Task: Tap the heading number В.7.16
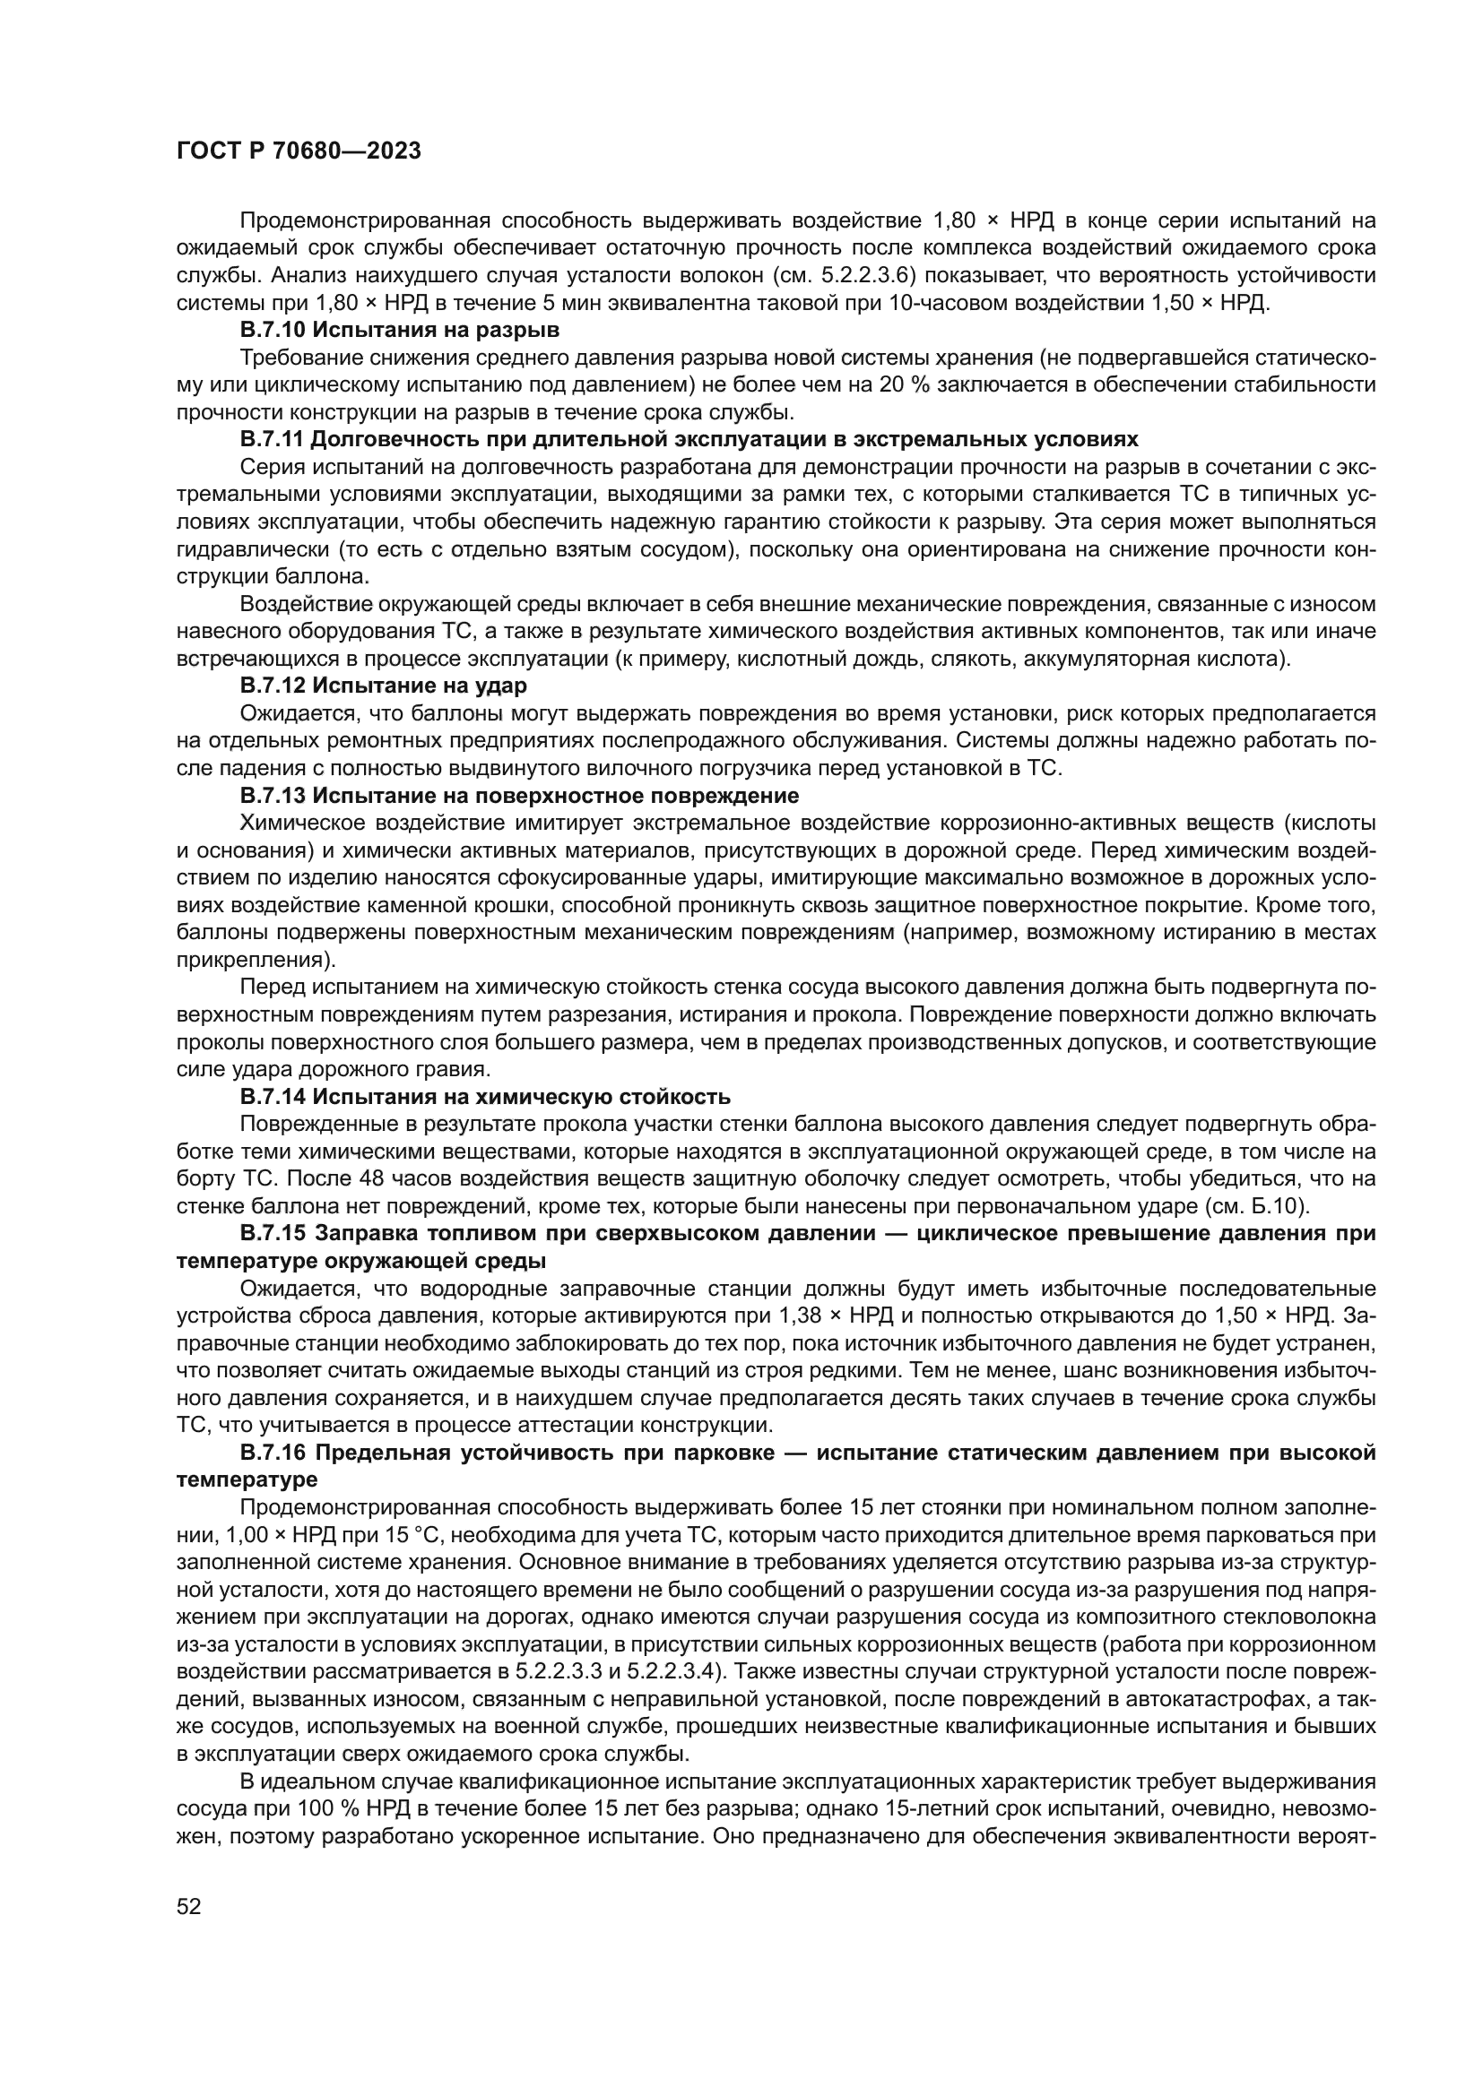coord(273,1453)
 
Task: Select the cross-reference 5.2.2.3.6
coord(864,275)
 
